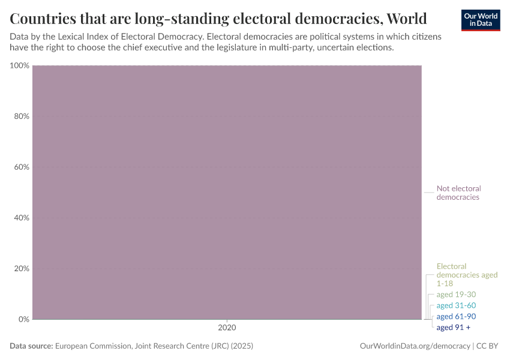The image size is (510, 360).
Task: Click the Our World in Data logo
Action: click(x=480, y=20)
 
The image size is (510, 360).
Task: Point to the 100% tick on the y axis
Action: click(x=20, y=65)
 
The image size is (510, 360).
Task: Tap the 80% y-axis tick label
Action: click(x=22, y=116)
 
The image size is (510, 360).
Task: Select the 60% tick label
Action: click(x=22, y=167)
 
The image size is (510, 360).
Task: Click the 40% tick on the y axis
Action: click(x=22, y=218)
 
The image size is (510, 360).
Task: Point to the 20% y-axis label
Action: click(x=22, y=268)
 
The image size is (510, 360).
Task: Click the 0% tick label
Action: click(x=23, y=319)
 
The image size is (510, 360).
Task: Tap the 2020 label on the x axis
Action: click(x=227, y=328)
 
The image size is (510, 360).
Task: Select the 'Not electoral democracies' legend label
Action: click(x=458, y=193)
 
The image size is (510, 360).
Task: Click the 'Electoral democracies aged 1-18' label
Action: click(x=467, y=275)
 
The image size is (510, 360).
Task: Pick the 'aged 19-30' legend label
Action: click(x=456, y=295)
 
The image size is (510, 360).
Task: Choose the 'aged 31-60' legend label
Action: click(x=456, y=305)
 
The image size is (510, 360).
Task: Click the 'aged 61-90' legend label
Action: click(x=456, y=316)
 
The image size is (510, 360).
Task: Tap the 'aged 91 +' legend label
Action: click(x=454, y=327)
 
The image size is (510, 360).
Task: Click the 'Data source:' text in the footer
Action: click(x=31, y=346)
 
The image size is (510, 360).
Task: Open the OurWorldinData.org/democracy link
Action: click(x=415, y=346)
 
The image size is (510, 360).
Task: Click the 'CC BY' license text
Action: click(x=488, y=346)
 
